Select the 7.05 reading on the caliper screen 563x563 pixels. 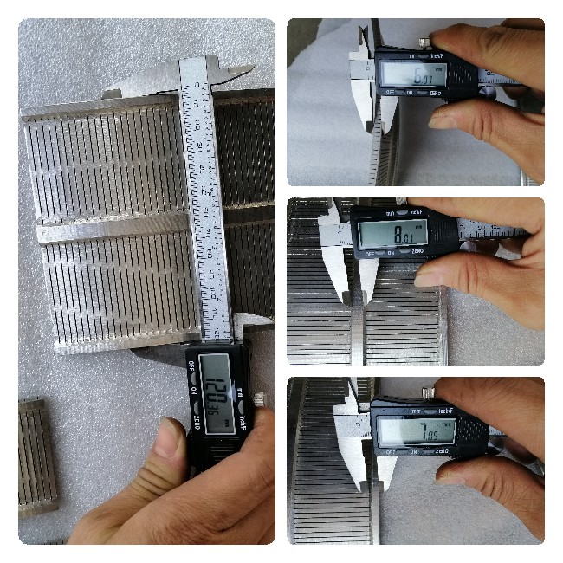[x=416, y=430]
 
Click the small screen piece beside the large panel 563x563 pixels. [x=37, y=455]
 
